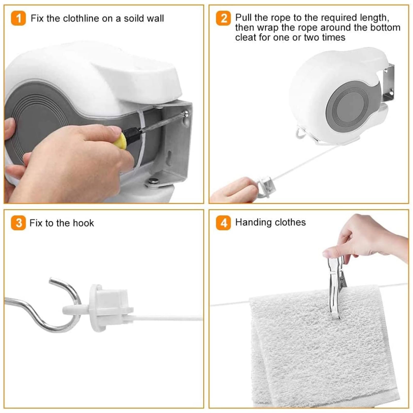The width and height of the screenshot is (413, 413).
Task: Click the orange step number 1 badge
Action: click(x=18, y=18)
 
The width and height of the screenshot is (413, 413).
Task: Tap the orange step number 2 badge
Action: click(x=223, y=18)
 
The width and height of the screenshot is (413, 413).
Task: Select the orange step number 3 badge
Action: click(x=18, y=223)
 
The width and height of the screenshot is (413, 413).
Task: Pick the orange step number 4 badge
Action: click(x=223, y=223)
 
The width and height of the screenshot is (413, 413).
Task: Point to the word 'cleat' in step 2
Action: click(x=245, y=37)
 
